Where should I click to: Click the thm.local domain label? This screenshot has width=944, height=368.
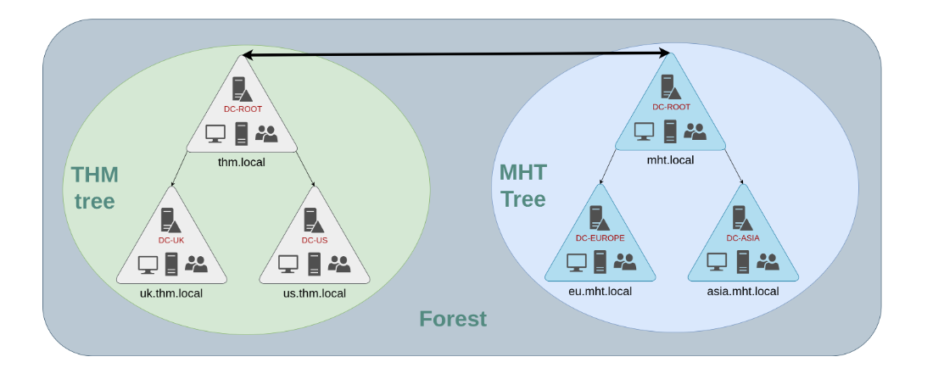(x=242, y=162)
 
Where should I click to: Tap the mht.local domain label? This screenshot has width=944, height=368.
(x=670, y=160)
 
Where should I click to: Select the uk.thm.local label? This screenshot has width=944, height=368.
(x=171, y=293)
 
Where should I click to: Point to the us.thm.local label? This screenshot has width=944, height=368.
(x=315, y=293)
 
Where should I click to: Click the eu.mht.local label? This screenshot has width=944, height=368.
(x=600, y=292)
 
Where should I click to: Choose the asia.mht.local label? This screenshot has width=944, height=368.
(x=743, y=292)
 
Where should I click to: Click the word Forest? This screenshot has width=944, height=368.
(x=453, y=319)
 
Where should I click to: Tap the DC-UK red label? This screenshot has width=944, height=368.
(x=171, y=240)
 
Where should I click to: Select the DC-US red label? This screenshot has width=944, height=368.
(x=315, y=240)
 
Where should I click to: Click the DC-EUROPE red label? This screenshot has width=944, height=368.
(x=600, y=238)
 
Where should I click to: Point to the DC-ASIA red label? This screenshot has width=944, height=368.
(x=743, y=238)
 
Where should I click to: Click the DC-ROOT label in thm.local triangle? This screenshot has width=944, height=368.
(x=243, y=109)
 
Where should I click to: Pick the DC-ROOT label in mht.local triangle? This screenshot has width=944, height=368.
(x=671, y=107)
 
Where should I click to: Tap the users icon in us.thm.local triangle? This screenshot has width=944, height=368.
(x=339, y=263)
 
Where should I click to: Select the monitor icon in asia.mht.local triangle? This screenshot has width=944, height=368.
(x=717, y=261)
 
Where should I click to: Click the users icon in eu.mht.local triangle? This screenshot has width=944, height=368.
(x=624, y=261)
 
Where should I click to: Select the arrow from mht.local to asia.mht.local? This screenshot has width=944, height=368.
(x=734, y=166)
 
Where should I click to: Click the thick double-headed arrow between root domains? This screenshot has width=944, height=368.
(x=456, y=55)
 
